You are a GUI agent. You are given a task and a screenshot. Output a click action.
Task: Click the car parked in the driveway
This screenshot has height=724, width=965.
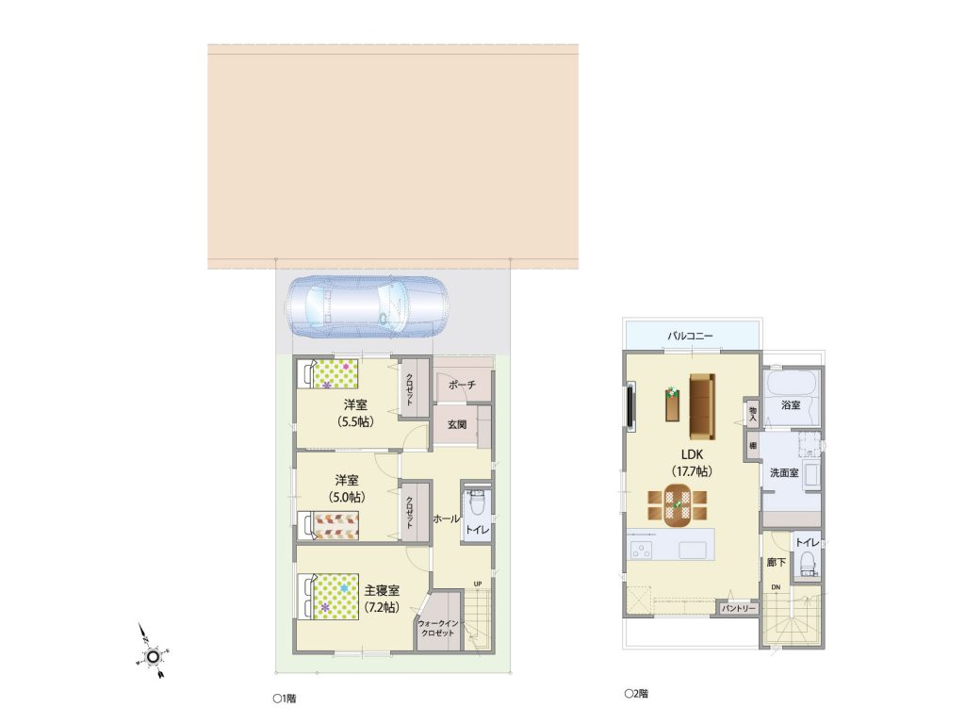click(368, 306)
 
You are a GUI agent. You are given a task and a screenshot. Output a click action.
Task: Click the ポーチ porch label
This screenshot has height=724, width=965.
click(462, 385)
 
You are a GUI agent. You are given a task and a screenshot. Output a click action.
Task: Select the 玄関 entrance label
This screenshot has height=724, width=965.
click(457, 424)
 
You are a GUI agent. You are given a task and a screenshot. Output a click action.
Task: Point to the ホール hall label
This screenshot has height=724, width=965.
click(446, 519)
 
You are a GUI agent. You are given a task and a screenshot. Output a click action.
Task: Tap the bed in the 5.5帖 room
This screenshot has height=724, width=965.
click(328, 374)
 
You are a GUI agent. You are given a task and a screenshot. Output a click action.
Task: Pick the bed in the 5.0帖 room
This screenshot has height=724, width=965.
click(328, 525)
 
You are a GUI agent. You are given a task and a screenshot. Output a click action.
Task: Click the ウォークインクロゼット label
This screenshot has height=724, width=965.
click(438, 628)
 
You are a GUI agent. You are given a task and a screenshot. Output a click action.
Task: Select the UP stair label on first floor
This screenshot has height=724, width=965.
click(478, 584)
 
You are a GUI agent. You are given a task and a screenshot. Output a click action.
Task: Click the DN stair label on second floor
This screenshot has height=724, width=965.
click(776, 587)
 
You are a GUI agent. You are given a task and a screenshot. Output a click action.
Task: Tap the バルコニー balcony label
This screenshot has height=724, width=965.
click(691, 337)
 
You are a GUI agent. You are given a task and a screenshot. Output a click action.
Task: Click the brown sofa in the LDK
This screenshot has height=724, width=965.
click(702, 406)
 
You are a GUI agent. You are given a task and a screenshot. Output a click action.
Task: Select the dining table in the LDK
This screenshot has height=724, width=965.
click(678, 505)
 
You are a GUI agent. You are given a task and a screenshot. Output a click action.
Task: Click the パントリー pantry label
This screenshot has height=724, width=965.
click(738, 608)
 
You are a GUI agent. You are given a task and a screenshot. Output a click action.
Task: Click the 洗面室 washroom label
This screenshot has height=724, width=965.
click(784, 473)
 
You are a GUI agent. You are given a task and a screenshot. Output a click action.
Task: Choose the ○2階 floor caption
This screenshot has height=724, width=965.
click(636, 694)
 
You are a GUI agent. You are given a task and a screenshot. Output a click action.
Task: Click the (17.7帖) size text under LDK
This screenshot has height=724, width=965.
click(692, 471)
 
